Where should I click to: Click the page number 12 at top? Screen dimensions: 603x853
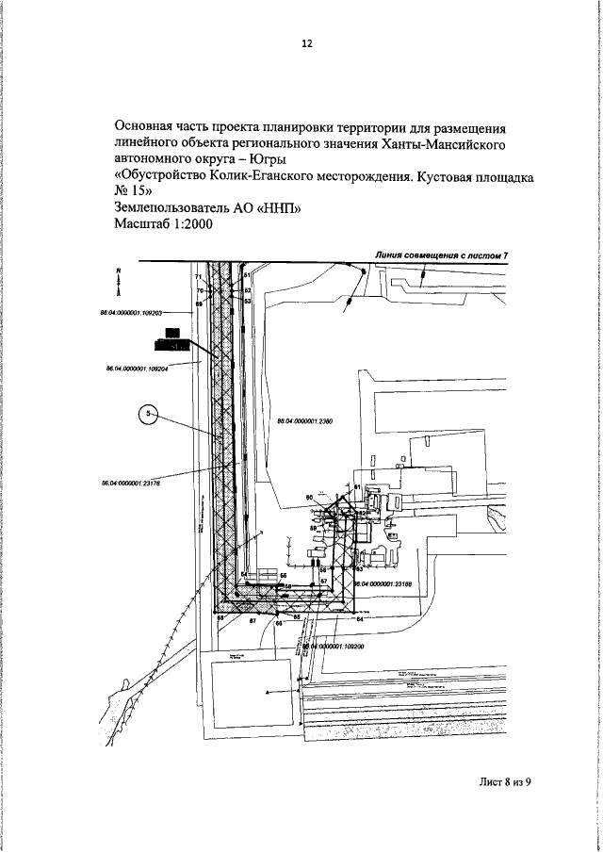[x=306, y=43]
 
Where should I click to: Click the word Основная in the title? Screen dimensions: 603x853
[x=147, y=125]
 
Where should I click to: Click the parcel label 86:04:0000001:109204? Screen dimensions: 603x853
[x=137, y=369]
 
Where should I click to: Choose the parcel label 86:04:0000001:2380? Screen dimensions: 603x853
[x=303, y=421]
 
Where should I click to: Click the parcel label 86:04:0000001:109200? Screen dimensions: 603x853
[x=334, y=648]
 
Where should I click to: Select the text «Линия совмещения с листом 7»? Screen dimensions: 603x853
[x=442, y=254]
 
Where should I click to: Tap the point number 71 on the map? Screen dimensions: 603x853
[x=199, y=276]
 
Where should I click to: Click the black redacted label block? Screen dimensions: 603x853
[x=172, y=336]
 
